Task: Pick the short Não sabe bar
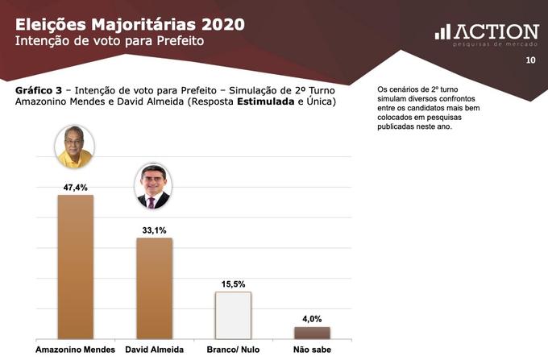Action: click(x=312, y=332)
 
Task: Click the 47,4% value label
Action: click(x=75, y=187)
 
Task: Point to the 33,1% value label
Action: click(x=154, y=230)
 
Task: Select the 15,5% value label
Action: click(x=233, y=283)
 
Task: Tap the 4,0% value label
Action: click(x=312, y=318)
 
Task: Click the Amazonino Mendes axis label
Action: click(x=75, y=350)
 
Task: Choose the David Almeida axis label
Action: click(x=154, y=350)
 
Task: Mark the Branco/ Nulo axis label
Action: click(x=233, y=350)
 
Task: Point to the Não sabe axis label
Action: click(x=312, y=350)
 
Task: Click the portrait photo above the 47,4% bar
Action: click(x=74, y=147)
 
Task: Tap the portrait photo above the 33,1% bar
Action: click(x=152, y=186)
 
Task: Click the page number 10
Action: click(x=530, y=60)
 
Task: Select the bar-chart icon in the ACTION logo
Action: click(x=442, y=31)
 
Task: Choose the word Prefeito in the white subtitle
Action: click(x=177, y=39)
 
